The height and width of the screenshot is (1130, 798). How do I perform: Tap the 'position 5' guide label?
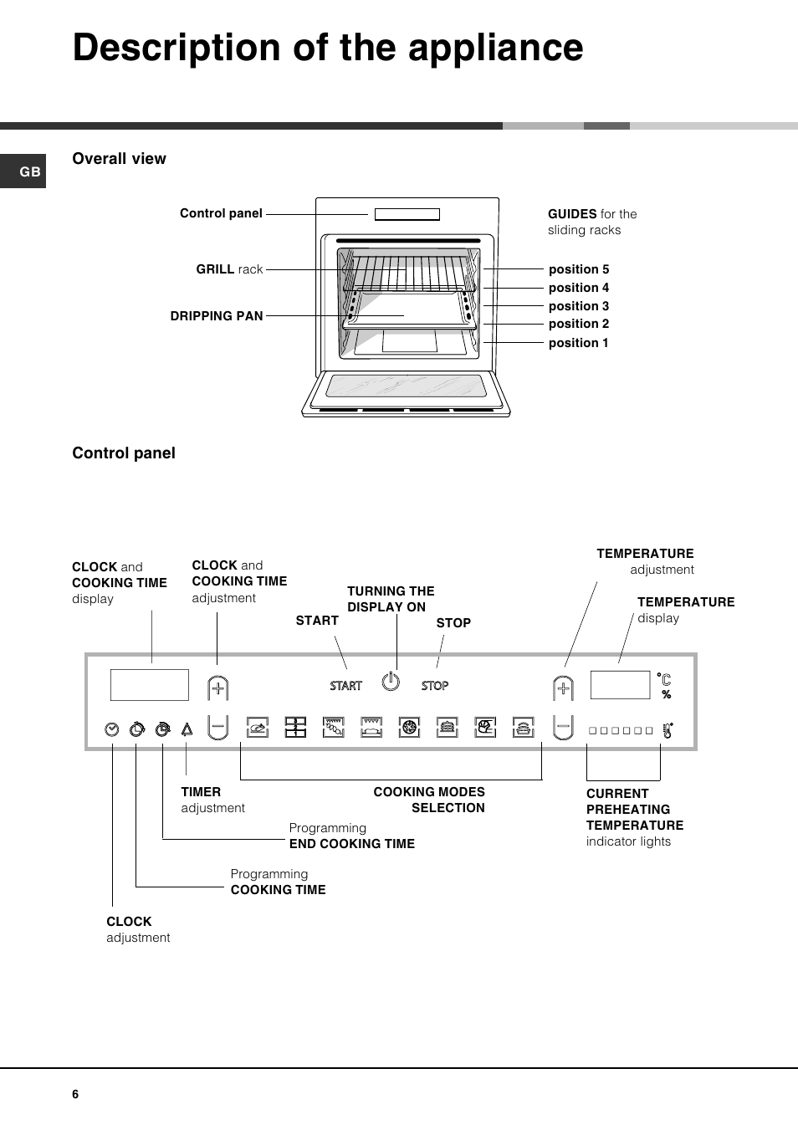[x=578, y=269]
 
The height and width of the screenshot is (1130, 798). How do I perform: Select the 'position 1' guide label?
[x=578, y=343]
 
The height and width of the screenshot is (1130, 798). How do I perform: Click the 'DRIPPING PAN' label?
[x=217, y=316]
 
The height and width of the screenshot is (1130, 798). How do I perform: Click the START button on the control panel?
[x=345, y=686]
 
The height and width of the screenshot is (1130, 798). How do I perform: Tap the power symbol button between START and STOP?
[x=391, y=682]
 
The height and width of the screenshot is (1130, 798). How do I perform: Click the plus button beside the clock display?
[x=217, y=688]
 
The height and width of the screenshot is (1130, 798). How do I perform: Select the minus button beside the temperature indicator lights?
[x=563, y=726]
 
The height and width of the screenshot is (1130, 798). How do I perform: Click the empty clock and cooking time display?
[x=149, y=685]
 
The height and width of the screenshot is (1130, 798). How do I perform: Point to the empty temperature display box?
[x=620, y=685]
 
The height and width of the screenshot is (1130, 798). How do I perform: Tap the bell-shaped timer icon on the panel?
[x=187, y=729]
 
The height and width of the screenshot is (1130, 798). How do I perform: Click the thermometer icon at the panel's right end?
[x=668, y=730]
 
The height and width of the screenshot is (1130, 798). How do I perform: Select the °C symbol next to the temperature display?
[x=665, y=679]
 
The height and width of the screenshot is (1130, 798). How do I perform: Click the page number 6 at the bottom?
[x=75, y=1094]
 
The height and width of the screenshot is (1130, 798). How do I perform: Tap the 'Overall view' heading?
[x=119, y=159]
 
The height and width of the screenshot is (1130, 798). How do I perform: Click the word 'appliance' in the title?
[x=495, y=48]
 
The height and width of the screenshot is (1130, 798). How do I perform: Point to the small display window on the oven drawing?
[x=407, y=214]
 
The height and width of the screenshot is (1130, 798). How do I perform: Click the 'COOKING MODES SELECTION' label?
[x=429, y=800]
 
